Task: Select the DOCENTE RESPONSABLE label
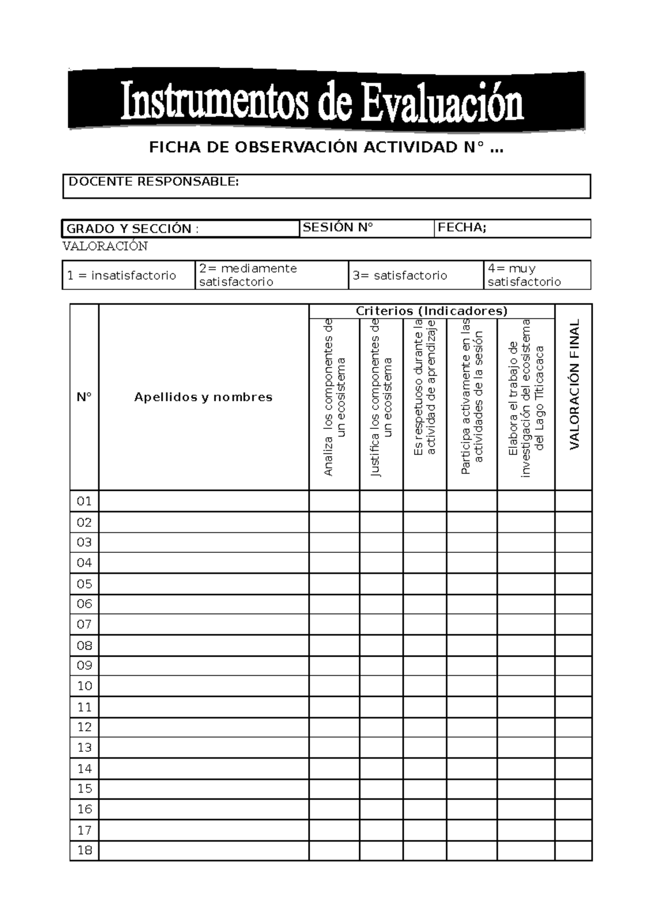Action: coord(153,182)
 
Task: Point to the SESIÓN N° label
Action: coord(338,228)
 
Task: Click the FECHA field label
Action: coord(461,228)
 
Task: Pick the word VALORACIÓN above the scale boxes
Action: coord(105,246)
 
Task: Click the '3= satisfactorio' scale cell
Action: coord(400,276)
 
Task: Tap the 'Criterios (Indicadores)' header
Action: coord(432,311)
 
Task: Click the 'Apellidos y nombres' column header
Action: coord(203,397)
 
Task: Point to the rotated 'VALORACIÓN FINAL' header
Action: coord(574,384)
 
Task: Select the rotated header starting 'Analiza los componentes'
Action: coord(334,398)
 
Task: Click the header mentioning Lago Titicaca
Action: coord(526,398)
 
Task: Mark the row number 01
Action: coord(84,501)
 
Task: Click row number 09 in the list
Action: coord(84,665)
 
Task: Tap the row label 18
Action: coord(84,850)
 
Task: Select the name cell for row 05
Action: coord(203,584)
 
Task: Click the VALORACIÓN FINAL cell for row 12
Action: coord(573,727)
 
